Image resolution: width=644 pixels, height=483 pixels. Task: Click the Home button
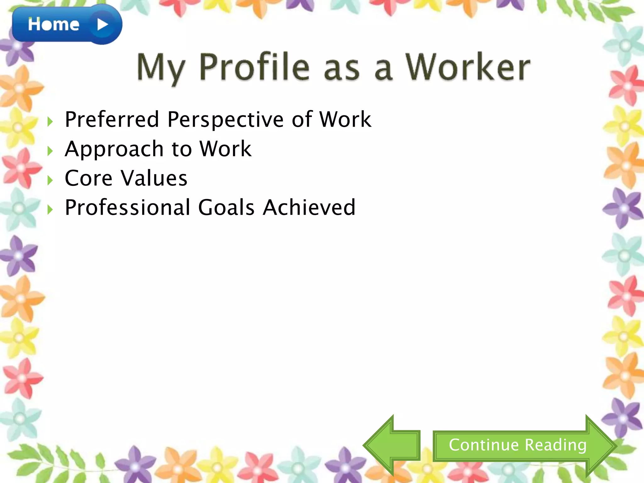tap(53, 25)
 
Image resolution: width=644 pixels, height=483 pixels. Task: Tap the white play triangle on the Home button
tap(103, 25)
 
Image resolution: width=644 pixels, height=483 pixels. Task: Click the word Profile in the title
tap(254, 67)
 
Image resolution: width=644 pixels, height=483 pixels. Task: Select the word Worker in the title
tap(467, 67)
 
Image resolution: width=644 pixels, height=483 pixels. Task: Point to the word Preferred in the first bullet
tap(112, 119)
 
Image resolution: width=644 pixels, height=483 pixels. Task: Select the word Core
tap(88, 178)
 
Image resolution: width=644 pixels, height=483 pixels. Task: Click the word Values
tap(154, 178)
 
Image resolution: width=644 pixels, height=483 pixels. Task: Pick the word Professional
tap(127, 208)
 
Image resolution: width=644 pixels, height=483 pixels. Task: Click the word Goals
tap(226, 208)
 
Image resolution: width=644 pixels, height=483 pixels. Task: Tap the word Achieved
tap(309, 208)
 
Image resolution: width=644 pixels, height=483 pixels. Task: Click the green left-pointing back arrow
tap(391, 445)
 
